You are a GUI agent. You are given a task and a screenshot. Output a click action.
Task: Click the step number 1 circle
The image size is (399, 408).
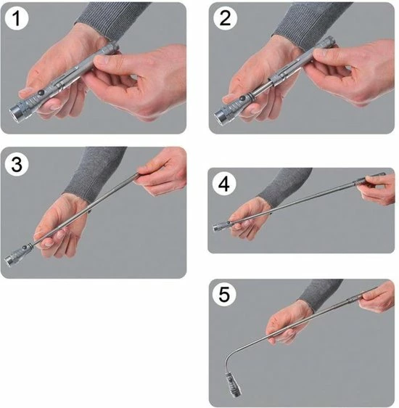[x=16, y=18]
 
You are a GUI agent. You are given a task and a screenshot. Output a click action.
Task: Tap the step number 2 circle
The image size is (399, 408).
[x=225, y=18]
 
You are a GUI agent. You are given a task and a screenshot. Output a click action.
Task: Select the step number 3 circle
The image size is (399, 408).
[x=17, y=165]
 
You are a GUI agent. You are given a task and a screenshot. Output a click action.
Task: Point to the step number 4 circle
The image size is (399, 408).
[x=224, y=184]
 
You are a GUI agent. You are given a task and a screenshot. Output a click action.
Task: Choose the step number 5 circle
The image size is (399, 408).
[x=224, y=295]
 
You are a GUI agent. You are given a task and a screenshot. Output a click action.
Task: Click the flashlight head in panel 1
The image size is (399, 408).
[x=17, y=112]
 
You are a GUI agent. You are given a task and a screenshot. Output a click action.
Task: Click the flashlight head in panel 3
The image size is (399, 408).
[x=12, y=260]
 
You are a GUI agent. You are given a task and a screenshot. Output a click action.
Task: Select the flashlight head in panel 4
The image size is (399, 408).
[x=218, y=228]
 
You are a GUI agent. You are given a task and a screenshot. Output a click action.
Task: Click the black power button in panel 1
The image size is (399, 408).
[x=41, y=93]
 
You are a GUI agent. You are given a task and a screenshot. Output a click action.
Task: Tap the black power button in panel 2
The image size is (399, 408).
[x=242, y=99]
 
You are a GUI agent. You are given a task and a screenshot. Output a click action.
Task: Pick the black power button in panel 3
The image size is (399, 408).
[x=25, y=248]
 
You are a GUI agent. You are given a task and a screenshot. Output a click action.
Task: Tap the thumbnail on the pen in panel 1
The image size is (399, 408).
[x=101, y=60]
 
